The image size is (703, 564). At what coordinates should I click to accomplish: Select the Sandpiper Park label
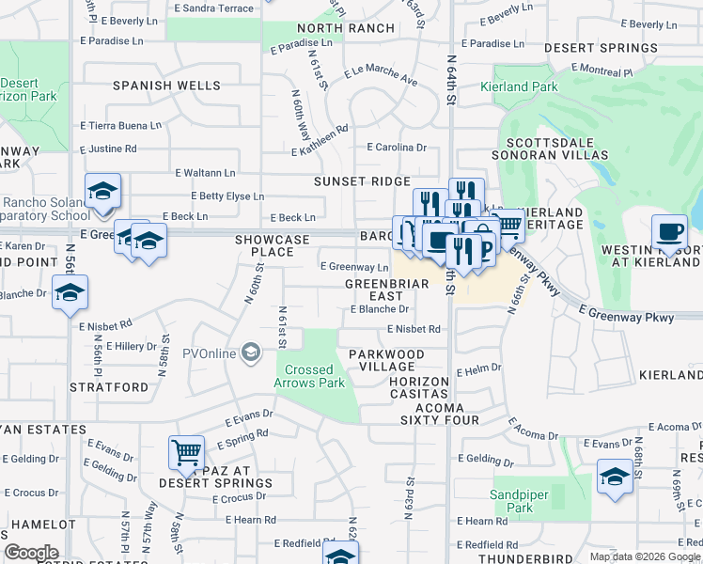point(512,500)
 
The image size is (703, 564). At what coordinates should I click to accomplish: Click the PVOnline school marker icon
point(251,353)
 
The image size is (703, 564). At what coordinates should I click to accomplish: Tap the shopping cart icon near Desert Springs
point(186,452)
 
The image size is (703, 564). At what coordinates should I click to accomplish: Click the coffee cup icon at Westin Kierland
point(669,231)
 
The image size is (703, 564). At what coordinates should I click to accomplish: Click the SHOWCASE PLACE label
point(273,246)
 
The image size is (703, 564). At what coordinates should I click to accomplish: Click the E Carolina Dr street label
point(397,148)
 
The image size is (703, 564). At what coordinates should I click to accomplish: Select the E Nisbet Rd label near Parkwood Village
point(414,329)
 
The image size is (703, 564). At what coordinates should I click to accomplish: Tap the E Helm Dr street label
point(479,371)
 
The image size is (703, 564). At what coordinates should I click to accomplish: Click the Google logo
point(31,553)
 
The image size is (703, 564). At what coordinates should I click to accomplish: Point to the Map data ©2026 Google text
point(645,556)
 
